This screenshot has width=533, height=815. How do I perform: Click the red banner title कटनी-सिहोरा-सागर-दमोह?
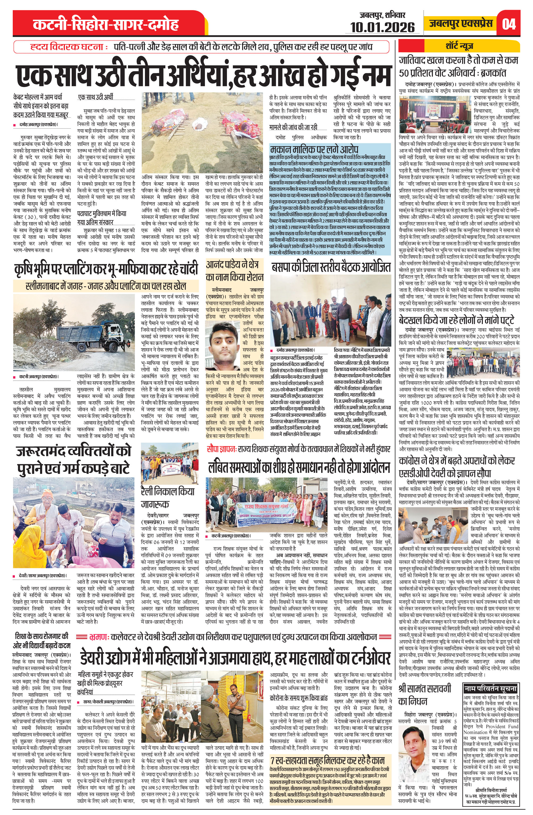tap(106, 25)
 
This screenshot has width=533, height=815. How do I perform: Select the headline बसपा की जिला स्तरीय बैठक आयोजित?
tap(330, 268)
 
